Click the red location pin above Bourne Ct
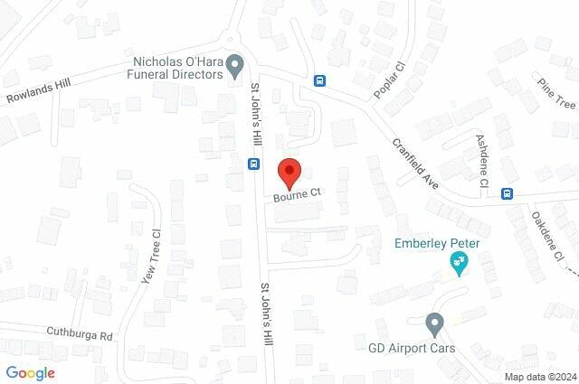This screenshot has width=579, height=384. (x=289, y=172)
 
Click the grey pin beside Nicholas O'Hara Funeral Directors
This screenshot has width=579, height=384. (x=235, y=67)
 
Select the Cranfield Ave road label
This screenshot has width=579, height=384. (x=415, y=163)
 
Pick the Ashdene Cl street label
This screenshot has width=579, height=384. (x=482, y=161)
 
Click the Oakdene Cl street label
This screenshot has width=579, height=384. (x=544, y=235)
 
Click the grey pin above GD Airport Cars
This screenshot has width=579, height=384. (x=434, y=323)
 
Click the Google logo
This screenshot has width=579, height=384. (x=31, y=372)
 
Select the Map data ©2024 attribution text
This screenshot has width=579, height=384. (x=539, y=376)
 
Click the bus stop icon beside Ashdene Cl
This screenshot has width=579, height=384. (x=508, y=192)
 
